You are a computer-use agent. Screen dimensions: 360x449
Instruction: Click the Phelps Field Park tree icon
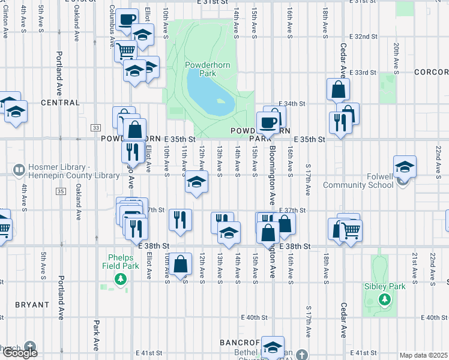[121, 279]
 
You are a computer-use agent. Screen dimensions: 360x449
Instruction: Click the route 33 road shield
[95, 127]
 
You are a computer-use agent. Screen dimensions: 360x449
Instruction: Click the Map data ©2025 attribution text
[423, 355]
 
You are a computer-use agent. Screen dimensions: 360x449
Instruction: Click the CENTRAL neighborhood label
[60, 103]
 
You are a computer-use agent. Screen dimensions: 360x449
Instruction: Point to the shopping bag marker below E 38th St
[181, 263]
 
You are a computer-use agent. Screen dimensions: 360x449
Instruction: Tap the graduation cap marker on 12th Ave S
[196, 181]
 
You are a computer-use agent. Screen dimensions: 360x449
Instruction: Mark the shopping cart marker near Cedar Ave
[351, 229]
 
